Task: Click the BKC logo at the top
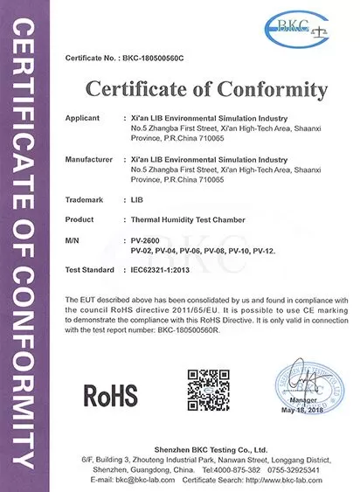pos(296,27)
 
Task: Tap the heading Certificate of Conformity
pos(207,89)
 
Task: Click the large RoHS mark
pos(110,394)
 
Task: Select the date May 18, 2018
pos(301,411)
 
